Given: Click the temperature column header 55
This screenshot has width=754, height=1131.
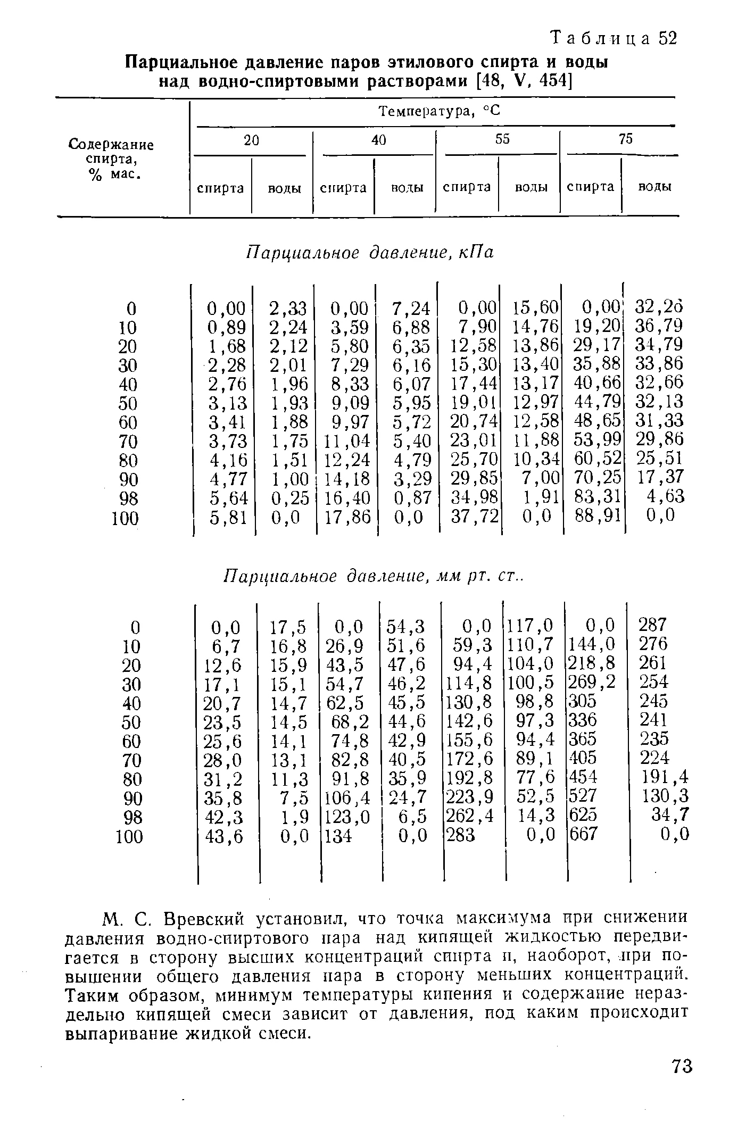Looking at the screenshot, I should (x=502, y=139).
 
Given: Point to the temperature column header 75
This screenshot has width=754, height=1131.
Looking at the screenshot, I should (x=626, y=139).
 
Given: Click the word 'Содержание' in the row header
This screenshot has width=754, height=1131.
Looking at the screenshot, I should (x=112, y=145).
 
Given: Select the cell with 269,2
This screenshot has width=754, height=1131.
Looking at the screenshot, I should (x=592, y=681).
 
